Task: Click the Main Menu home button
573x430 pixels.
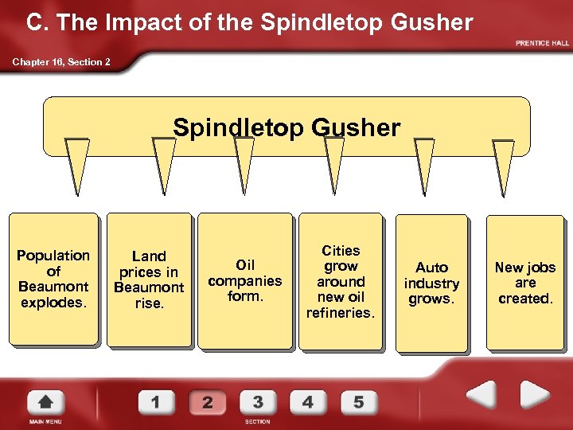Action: point(46,402)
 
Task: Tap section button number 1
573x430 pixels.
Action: point(156,401)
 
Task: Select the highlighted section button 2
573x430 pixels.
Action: point(207,401)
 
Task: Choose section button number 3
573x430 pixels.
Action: point(258,401)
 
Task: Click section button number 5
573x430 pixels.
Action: point(359,401)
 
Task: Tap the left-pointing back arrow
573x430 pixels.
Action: point(479,395)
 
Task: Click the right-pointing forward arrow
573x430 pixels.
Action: point(535,395)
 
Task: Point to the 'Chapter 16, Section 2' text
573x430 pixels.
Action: point(61,62)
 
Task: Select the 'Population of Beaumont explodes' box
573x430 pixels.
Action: point(53,279)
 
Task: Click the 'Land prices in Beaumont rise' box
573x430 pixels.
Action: point(149,279)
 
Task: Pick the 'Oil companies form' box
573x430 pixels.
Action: point(245,280)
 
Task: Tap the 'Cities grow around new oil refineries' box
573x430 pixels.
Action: point(341,281)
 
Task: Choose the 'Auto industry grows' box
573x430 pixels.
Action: point(432,283)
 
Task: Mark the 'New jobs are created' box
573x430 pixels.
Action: point(525,283)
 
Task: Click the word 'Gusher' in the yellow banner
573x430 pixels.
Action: point(358,127)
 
